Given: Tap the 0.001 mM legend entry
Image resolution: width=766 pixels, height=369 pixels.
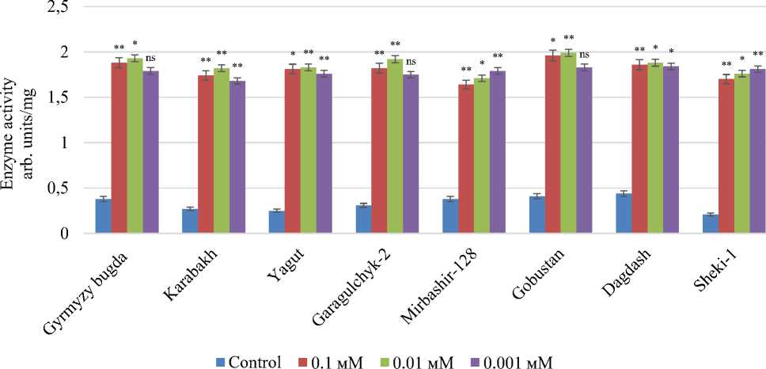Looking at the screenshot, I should tap(507, 362).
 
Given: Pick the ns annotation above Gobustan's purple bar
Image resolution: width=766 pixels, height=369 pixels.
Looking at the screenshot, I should tap(584, 54).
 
